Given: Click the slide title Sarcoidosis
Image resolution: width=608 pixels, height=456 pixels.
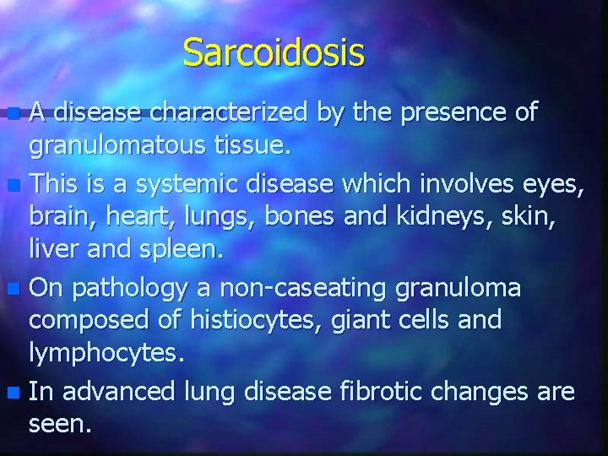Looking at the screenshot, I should tap(274, 52).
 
